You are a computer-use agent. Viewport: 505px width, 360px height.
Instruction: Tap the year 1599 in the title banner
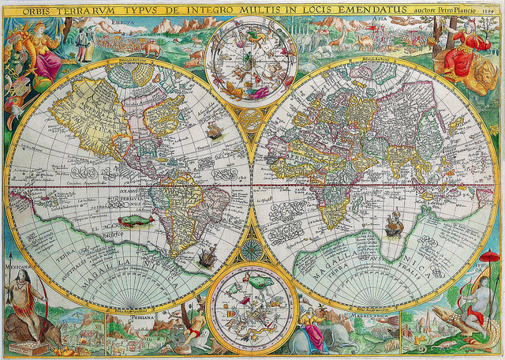484,10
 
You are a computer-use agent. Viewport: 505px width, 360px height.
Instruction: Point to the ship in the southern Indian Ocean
392,227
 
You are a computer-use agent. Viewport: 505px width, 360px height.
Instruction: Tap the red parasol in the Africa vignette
491,257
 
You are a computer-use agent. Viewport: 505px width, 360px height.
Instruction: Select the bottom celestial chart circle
252,307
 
